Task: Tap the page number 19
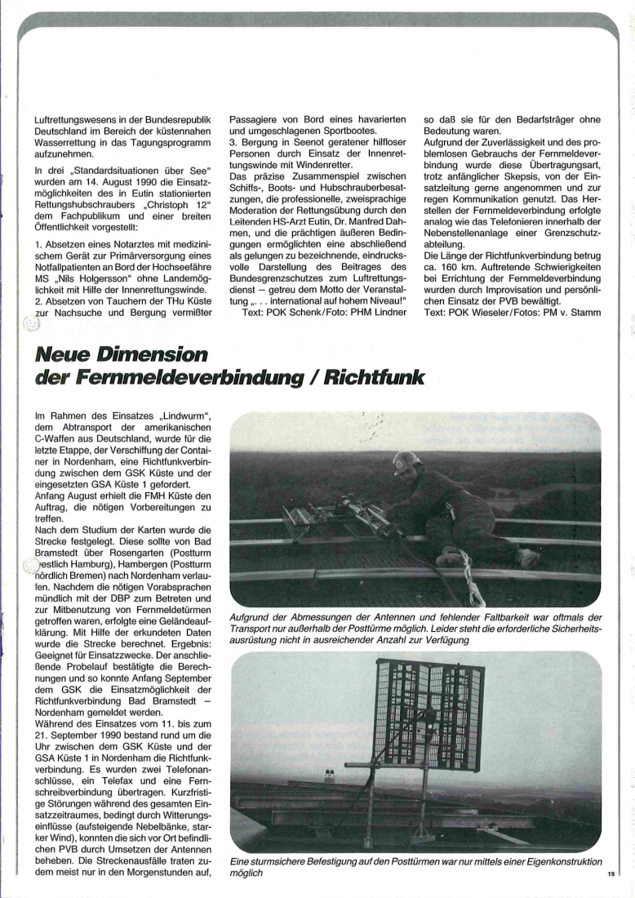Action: tap(611, 874)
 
